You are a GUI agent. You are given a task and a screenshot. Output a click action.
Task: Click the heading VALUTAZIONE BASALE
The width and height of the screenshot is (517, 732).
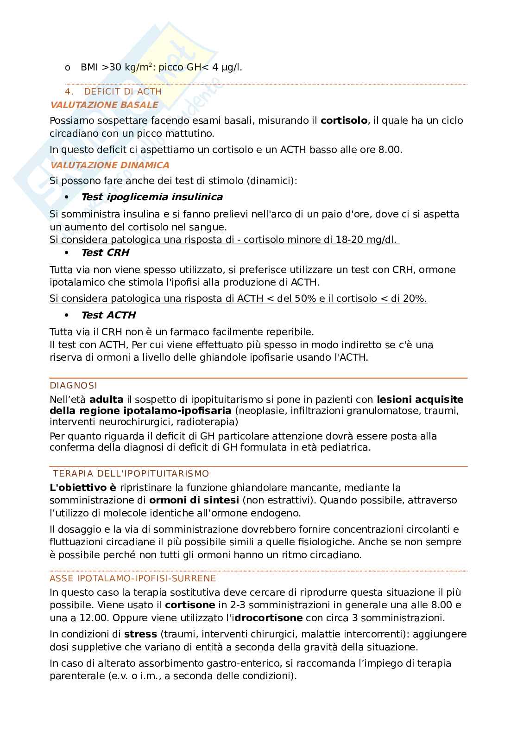click(x=104, y=105)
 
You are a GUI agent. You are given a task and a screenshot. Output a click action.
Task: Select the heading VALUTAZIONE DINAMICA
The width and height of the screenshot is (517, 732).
click(x=109, y=165)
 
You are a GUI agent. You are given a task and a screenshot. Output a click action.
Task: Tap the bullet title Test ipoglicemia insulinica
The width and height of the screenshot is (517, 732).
click(x=151, y=197)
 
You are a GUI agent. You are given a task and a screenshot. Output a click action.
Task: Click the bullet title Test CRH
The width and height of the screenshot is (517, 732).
click(x=105, y=253)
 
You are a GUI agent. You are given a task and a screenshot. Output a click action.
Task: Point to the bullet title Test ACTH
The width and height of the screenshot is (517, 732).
click(x=108, y=315)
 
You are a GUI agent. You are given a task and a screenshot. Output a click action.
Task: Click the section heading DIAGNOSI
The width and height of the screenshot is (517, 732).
click(x=73, y=386)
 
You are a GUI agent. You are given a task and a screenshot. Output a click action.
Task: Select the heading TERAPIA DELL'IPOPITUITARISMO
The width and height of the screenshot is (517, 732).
click(x=131, y=474)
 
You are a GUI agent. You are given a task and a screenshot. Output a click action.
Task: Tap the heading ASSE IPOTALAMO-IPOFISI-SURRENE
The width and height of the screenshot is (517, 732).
click(x=132, y=579)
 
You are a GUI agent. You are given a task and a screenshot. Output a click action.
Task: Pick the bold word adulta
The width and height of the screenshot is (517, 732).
click(x=106, y=400)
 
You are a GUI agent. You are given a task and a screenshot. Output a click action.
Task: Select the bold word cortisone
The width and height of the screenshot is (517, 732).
click(x=190, y=605)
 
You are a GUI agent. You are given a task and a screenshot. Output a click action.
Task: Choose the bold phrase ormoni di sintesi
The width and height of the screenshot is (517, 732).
click(x=194, y=501)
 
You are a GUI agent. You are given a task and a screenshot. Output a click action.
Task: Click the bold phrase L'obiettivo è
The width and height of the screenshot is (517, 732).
click(x=83, y=488)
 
